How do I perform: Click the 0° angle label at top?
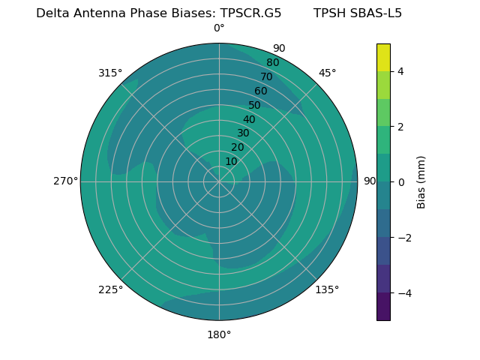click(x=219, y=28)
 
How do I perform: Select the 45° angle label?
click(x=327, y=73)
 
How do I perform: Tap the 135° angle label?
click(x=327, y=289)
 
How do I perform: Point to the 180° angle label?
click(x=219, y=334)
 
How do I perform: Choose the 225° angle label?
click(x=110, y=289)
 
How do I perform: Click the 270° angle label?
click(x=65, y=181)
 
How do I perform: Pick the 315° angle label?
click(x=110, y=73)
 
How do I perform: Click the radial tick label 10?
click(x=231, y=162)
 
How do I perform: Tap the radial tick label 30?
click(x=243, y=133)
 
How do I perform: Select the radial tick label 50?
click(x=255, y=106)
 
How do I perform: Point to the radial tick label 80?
click(x=273, y=62)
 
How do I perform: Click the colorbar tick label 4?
click(x=401, y=71)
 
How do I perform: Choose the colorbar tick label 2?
click(x=401, y=127)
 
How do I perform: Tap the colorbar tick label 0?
click(x=401, y=182)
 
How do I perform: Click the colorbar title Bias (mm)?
click(x=421, y=182)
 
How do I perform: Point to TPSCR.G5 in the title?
click(x=250, y=13)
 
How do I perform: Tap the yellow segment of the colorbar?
click(x=383, y=57)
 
